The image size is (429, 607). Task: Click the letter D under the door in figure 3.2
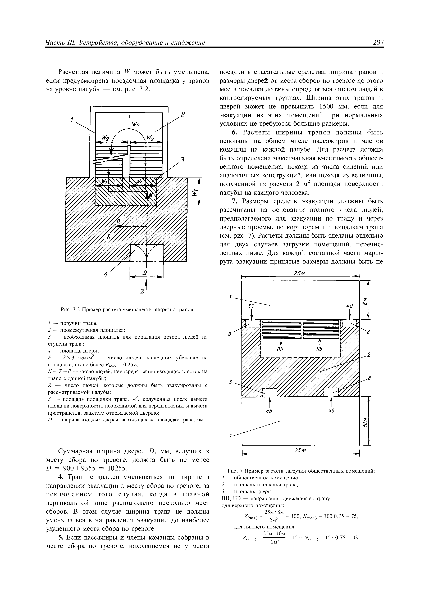click(x=145, y=273)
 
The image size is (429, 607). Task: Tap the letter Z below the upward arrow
click(x=142, y=291)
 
